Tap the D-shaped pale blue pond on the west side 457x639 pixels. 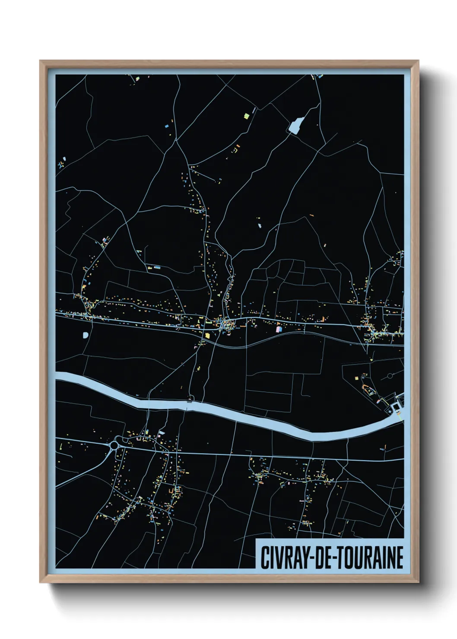point(86,334)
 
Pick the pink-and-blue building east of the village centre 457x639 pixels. point(279,329)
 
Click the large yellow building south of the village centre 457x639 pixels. point(207,335)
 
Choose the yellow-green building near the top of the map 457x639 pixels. point(247,115)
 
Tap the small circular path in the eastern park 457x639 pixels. point(390,376)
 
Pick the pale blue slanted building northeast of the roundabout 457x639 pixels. point(162,432)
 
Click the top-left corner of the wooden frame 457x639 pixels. point(40,61)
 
